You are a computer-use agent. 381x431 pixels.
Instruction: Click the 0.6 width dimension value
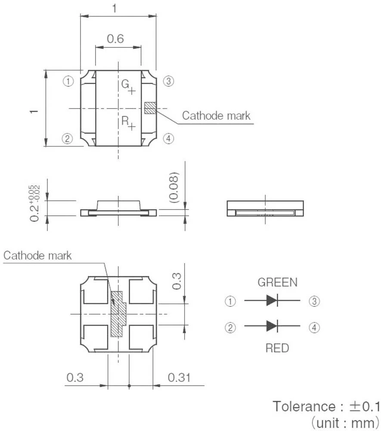(115, 39)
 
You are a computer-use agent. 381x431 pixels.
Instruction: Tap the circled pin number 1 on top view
(68, 81)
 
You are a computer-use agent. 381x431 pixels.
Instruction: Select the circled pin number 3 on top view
(168, 81)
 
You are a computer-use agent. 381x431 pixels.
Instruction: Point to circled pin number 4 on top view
(168, 138)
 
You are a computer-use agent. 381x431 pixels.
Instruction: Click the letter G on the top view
(124, 84)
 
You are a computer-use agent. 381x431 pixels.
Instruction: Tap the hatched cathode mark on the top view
(150, 108)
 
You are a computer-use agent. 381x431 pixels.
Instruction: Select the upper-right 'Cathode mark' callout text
(216, 116)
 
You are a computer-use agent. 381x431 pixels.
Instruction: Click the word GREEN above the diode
(277, 283)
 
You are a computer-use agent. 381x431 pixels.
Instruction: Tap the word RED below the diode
(277, 348)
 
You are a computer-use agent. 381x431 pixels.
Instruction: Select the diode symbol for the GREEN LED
(272, 301)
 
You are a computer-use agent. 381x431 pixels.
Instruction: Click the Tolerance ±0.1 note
(326, 406)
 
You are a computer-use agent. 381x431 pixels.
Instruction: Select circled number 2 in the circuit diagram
(231, 328)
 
